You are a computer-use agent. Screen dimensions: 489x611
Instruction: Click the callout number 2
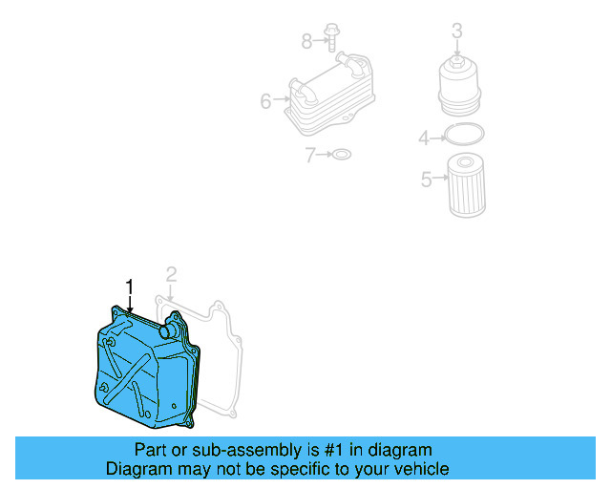pyautogui.click(x=171, y=275)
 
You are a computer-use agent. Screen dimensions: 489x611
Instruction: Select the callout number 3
pyautogui.click(x=456, y=31)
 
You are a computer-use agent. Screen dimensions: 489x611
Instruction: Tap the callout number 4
pyautogui.click(x=424, y=139)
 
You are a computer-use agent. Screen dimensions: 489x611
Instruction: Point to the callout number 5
pyautogui.click(x=427, y=178)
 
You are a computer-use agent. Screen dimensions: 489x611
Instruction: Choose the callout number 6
pyautogui.click(x=265, y=98)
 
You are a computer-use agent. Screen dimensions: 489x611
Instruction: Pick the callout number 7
pyautogui.click(x=310, y=155)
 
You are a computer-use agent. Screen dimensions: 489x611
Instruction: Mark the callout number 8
pyautogui.click(x=306, y=40)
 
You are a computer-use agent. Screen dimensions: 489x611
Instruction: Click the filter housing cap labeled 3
pyautogui.click(x=457, y=84)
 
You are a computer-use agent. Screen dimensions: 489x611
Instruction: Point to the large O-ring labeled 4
pyautogui.click(x=464, y=137)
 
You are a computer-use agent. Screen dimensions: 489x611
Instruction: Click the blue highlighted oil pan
pyautogui.click(x=143, y=372)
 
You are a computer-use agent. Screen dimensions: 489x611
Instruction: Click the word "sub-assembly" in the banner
pyautogui.click(x=212, y=450)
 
